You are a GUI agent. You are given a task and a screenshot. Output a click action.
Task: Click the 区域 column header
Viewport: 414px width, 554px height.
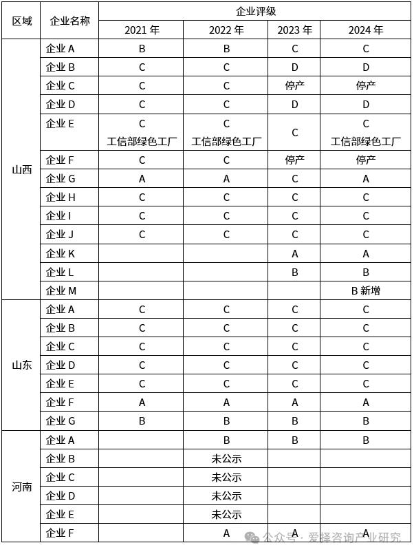[x=21, y=21]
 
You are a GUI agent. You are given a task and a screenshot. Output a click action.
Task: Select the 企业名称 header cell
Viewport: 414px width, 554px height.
[x=69, y=21]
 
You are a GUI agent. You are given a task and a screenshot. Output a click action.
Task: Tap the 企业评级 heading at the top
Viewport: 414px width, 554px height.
[x=255, y=11]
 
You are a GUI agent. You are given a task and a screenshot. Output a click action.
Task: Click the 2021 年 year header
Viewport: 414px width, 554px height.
[x=142, y=30]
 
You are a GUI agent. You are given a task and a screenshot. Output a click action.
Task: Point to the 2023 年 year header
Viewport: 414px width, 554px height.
[x=294, y=30]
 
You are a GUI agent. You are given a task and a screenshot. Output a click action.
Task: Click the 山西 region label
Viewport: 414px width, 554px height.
[x=21, y=170]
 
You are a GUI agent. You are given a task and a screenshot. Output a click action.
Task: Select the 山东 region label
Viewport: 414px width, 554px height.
[x=21, y=365]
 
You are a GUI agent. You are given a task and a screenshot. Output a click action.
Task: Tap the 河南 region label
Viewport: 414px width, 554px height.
[x=21, y=487]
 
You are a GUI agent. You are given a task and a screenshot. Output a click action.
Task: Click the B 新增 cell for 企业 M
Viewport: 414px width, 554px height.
[x=366, y=290]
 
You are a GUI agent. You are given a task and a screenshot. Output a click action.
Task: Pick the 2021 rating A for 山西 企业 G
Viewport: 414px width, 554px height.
[x=142, y=179]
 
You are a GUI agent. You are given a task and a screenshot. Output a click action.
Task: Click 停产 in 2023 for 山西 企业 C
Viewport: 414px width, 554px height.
[x=294, y=86]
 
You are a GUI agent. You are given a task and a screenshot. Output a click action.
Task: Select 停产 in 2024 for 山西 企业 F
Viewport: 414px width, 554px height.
[x=366, y=160]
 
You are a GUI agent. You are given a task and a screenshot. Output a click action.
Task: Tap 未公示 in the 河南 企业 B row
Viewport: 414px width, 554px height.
[x=226, y=458]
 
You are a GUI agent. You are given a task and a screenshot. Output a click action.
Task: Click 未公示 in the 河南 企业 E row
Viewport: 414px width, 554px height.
[x=226, y=514]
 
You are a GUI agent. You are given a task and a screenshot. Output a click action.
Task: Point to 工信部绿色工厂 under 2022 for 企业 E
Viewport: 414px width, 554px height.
[x=226, y=142]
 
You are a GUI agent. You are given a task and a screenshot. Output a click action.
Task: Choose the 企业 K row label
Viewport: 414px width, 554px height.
[x=60, y=253]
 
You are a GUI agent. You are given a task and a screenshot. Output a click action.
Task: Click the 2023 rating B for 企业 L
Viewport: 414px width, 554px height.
[x=294, y=272]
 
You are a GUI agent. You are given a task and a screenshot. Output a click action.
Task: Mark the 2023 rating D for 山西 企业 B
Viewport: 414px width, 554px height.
[x=294, y=67]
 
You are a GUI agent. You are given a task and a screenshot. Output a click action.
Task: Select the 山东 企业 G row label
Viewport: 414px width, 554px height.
[x=60, y=420]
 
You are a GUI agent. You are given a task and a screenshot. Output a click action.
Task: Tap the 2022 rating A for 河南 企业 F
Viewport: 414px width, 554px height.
[x=226, y=533]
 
